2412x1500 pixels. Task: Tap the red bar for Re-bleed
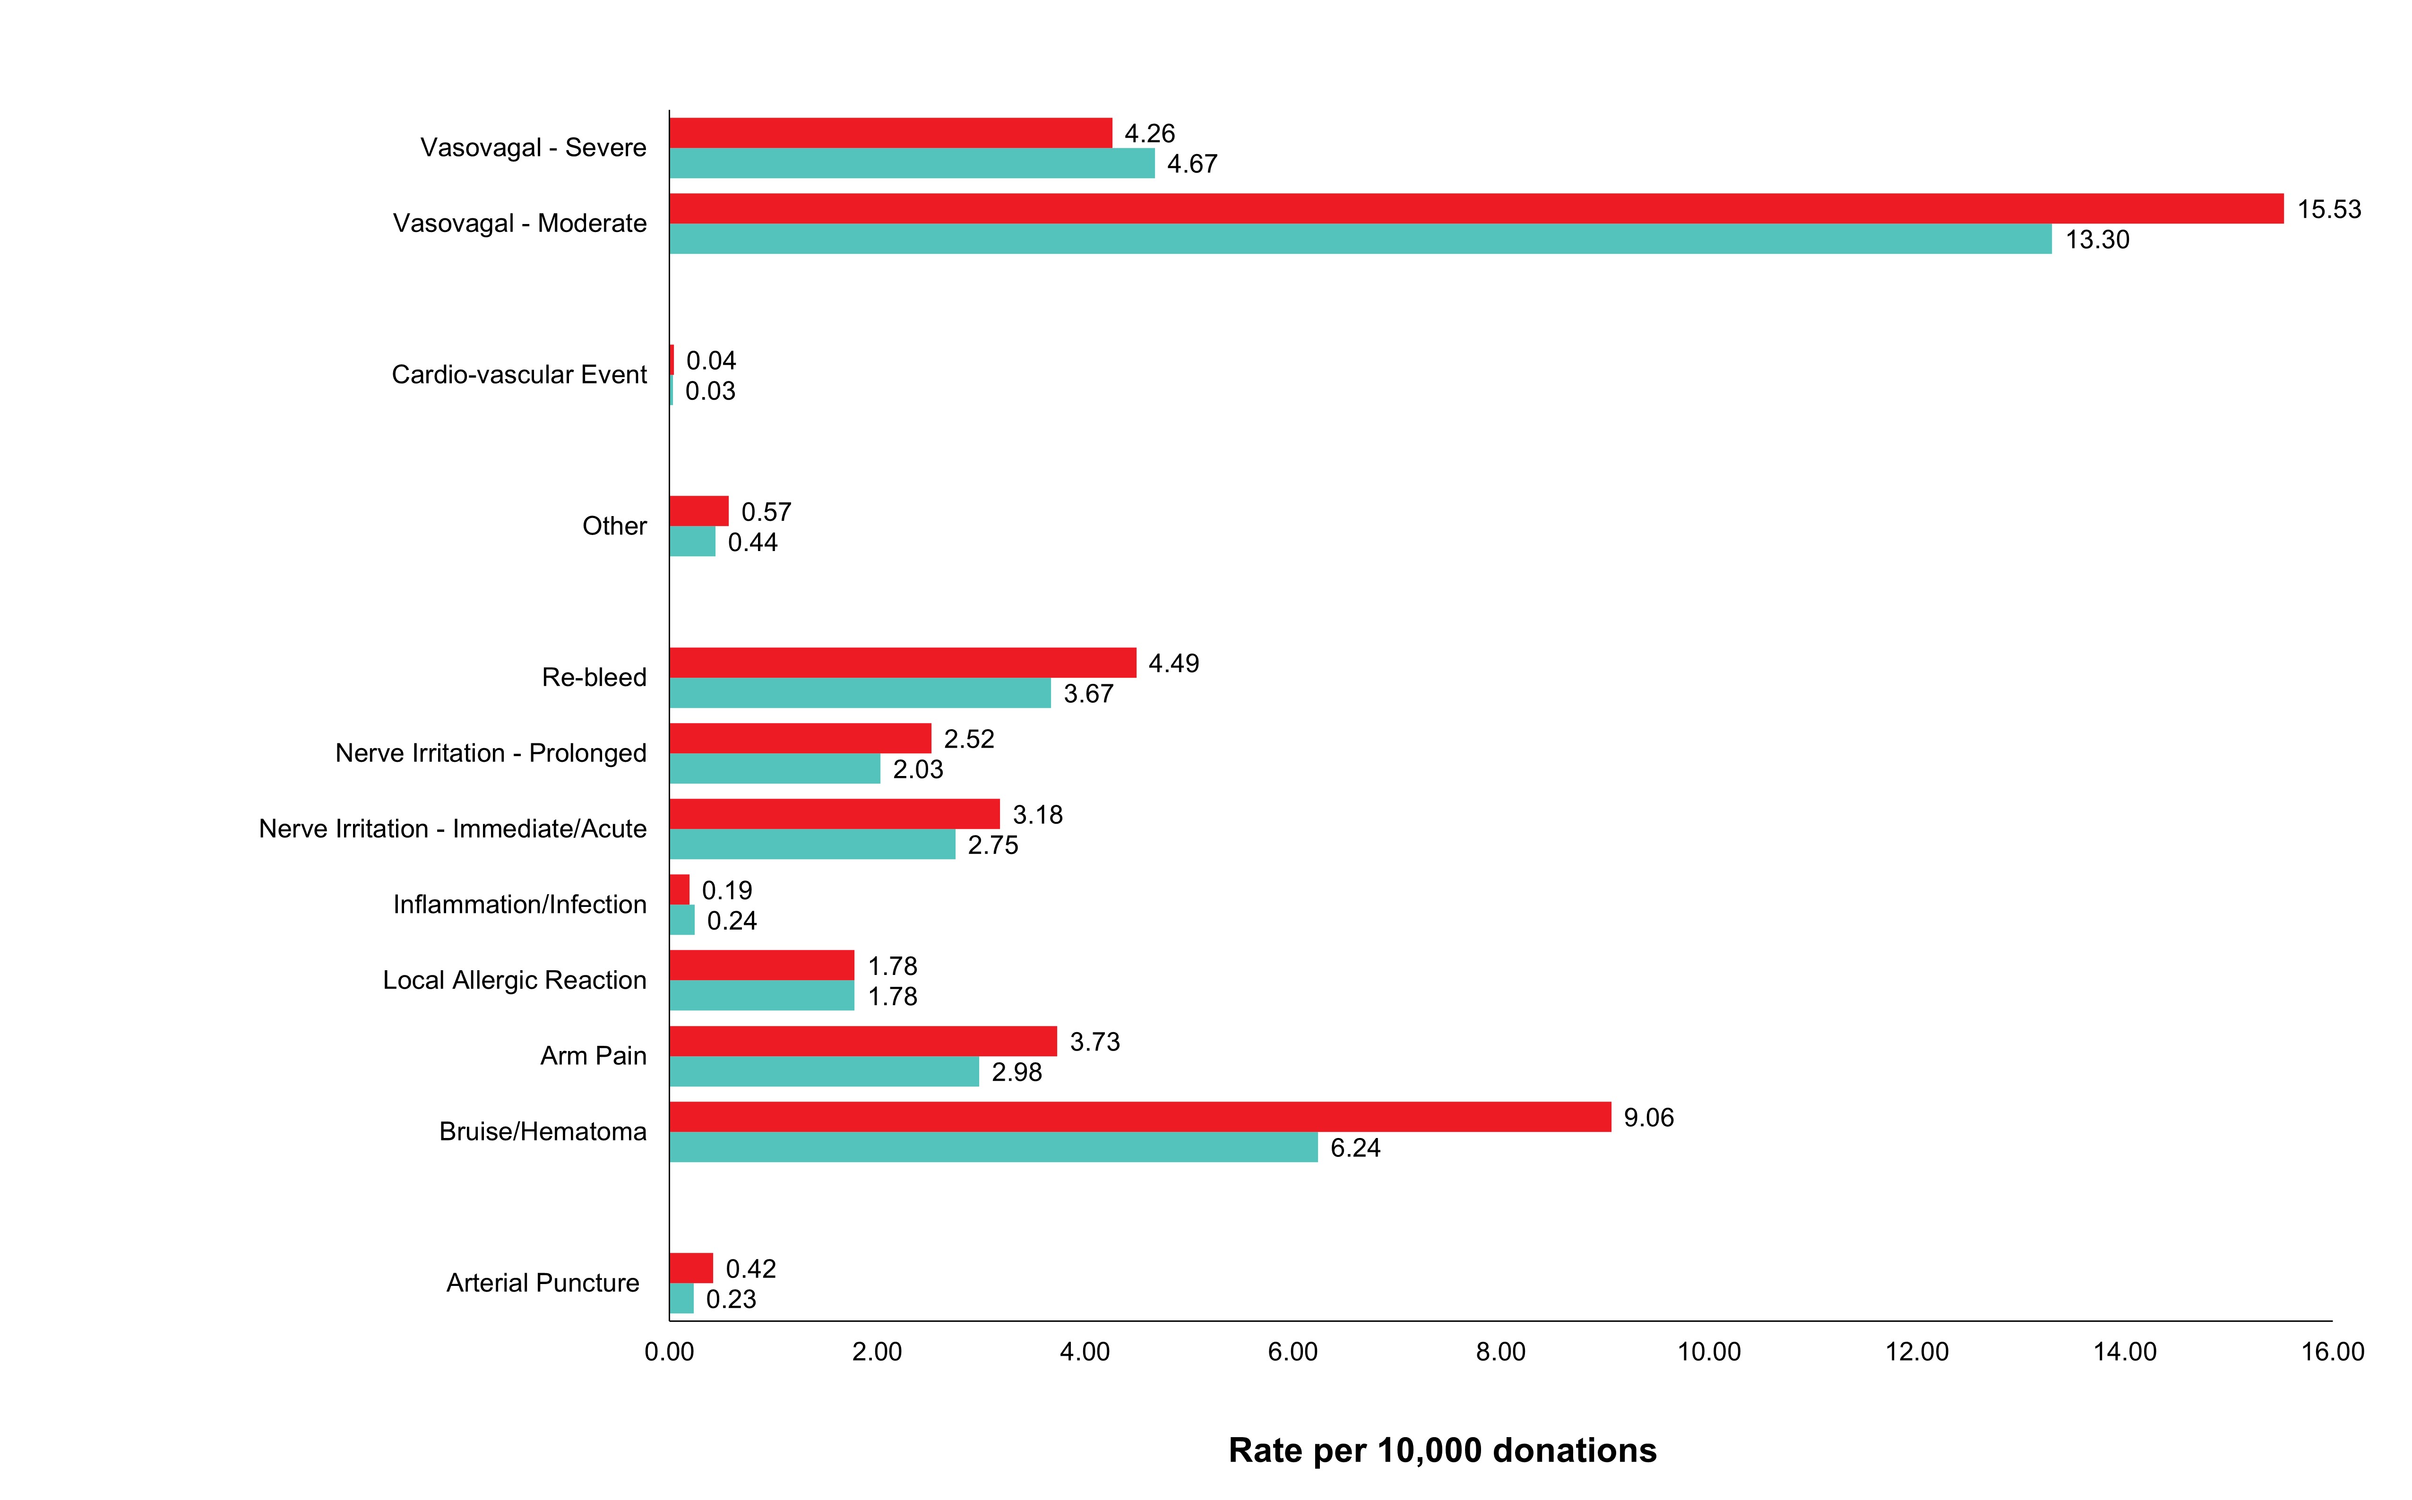pos(903,663)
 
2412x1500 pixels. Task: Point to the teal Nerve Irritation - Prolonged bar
pos(775,769)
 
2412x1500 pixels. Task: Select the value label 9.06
pos(1648,1118)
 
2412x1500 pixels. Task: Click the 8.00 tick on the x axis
pos(1500,1352)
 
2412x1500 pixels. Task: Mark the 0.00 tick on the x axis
pos(670,1352)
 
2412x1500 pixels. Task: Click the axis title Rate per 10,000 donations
pos(1442,1450)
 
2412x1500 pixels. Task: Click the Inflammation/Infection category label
pos(520,905)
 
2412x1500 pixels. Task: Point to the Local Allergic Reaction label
pos(515,980)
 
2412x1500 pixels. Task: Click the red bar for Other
pos(699,511)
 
